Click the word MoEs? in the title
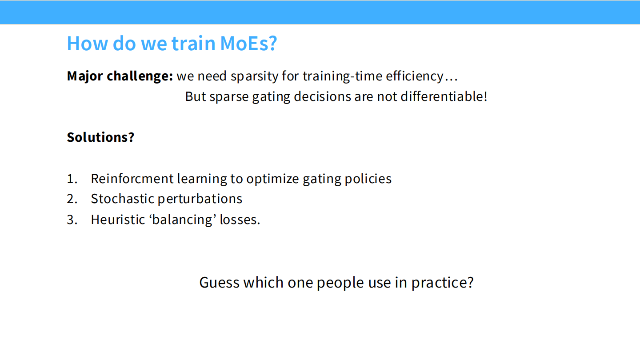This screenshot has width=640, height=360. tap(248, 44)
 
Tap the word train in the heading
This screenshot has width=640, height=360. tap(193, 44)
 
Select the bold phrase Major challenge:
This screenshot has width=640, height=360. tap(120, 76)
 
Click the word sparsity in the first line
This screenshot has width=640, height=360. tap(254, 76)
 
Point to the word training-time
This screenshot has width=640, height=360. tap(342, 76)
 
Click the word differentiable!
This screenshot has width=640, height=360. tap(444, 96)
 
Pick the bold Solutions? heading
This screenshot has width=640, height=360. tap(100, 137)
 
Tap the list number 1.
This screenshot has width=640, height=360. tap(72, 179)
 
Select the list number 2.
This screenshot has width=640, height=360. tap(72, 199)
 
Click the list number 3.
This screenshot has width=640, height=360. tap(72, 220)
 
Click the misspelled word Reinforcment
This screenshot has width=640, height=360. tap(132, 179)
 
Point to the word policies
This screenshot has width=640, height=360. tap(368, 179)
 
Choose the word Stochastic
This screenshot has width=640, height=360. tap(122, 199)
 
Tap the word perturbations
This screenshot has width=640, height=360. tap(200, 199)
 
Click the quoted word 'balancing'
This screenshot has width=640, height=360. tap(182, 220)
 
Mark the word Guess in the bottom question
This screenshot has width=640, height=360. tap(220, 283)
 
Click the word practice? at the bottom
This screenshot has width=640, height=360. tap(443, 283)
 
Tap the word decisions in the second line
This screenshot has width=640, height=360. tap(322, 96)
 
